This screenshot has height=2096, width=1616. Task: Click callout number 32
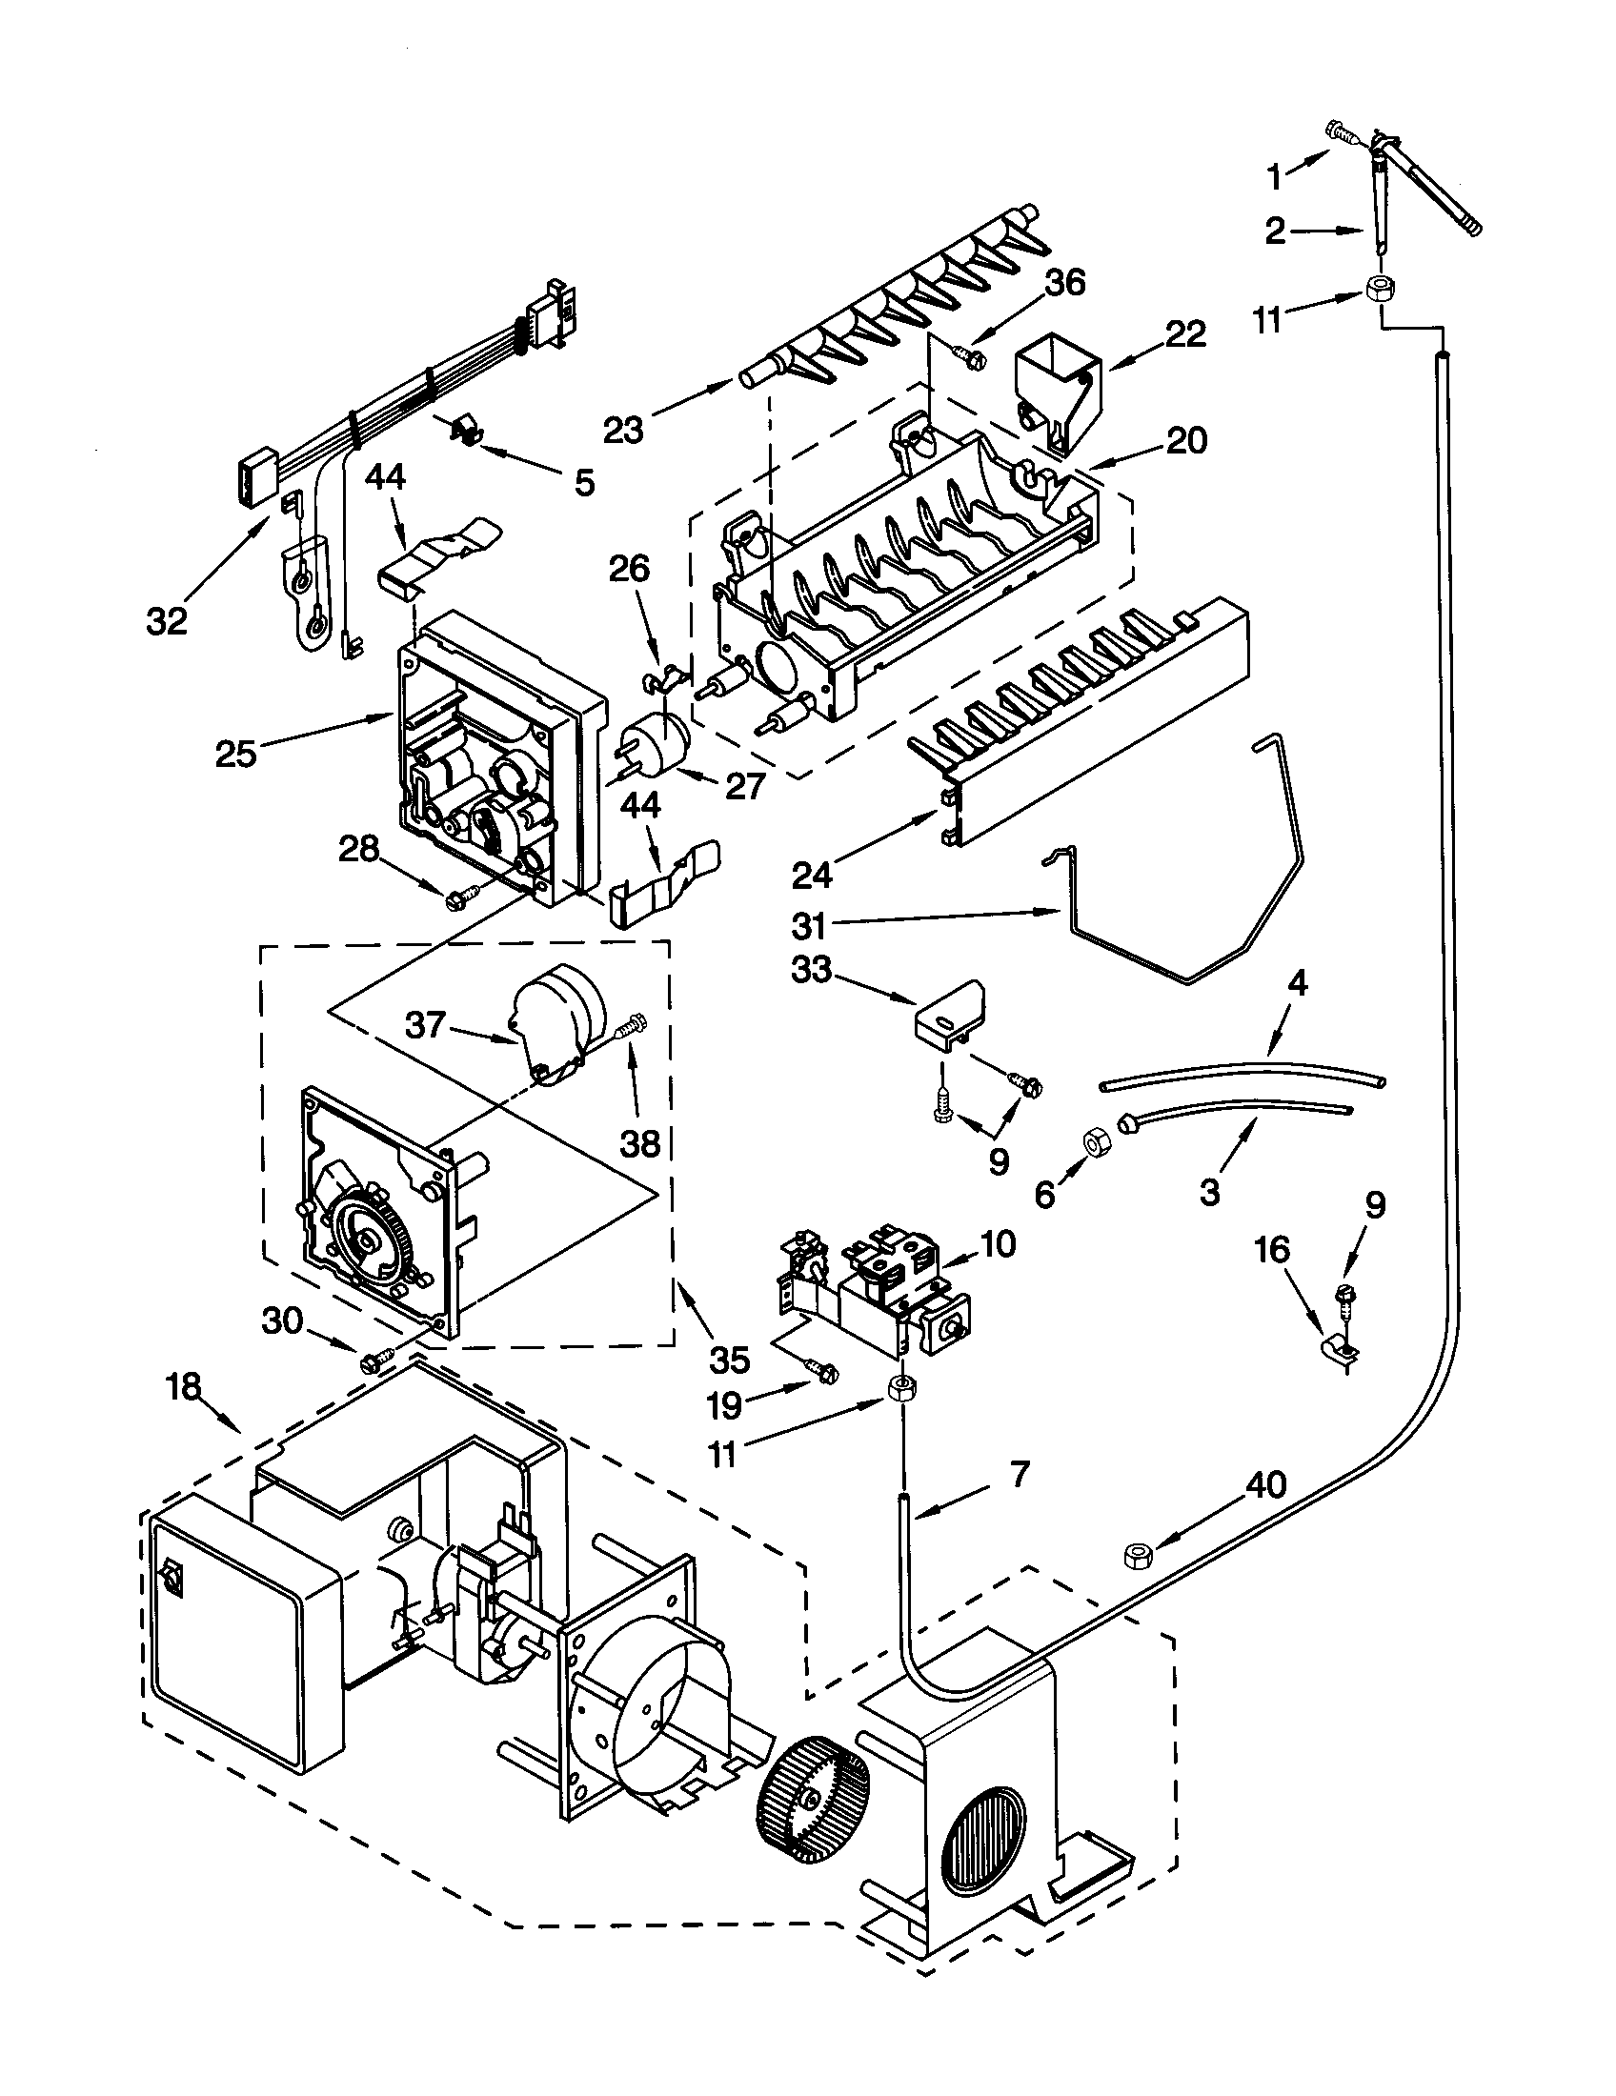pos(166,621)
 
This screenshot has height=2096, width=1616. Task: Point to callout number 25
pos(235,754)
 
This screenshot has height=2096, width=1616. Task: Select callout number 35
pos(729,1359)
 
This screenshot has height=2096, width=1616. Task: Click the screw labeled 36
pos(970,358)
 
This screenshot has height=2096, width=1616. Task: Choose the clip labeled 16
pos(1339,1353)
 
